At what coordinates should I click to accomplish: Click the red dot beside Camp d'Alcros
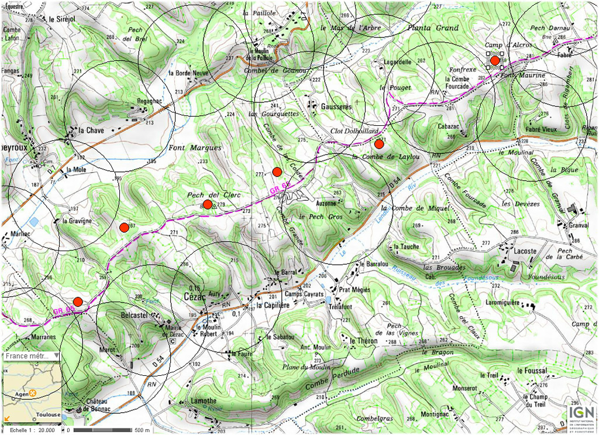(495, 60)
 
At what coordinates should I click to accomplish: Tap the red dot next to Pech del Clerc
(207, 204)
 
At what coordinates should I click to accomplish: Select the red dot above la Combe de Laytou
(379, 144)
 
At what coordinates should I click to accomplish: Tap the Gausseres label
(336, 107)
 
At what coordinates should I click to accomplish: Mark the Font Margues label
(187, 148)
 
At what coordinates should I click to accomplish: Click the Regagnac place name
(149, 101)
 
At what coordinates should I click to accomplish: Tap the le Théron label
(364, 340)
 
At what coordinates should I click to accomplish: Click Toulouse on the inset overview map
(48, 415)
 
